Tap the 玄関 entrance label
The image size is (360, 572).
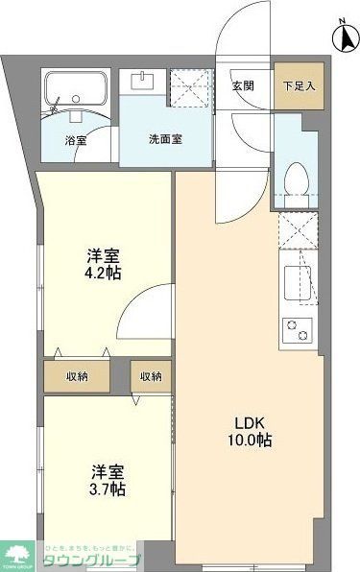(243, 84)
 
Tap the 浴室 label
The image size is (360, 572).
(75, 139)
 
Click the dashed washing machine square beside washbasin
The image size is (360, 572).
(188, 88)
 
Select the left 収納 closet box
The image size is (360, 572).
(79, 375)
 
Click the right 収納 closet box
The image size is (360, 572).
(151, 375)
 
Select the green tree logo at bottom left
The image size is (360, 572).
(19, 555)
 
